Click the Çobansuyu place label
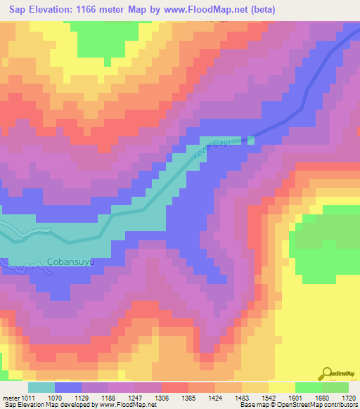[x=70, y=261]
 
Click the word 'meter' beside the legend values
[x=10, y=398]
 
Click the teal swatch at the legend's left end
[x=41, y=387]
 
